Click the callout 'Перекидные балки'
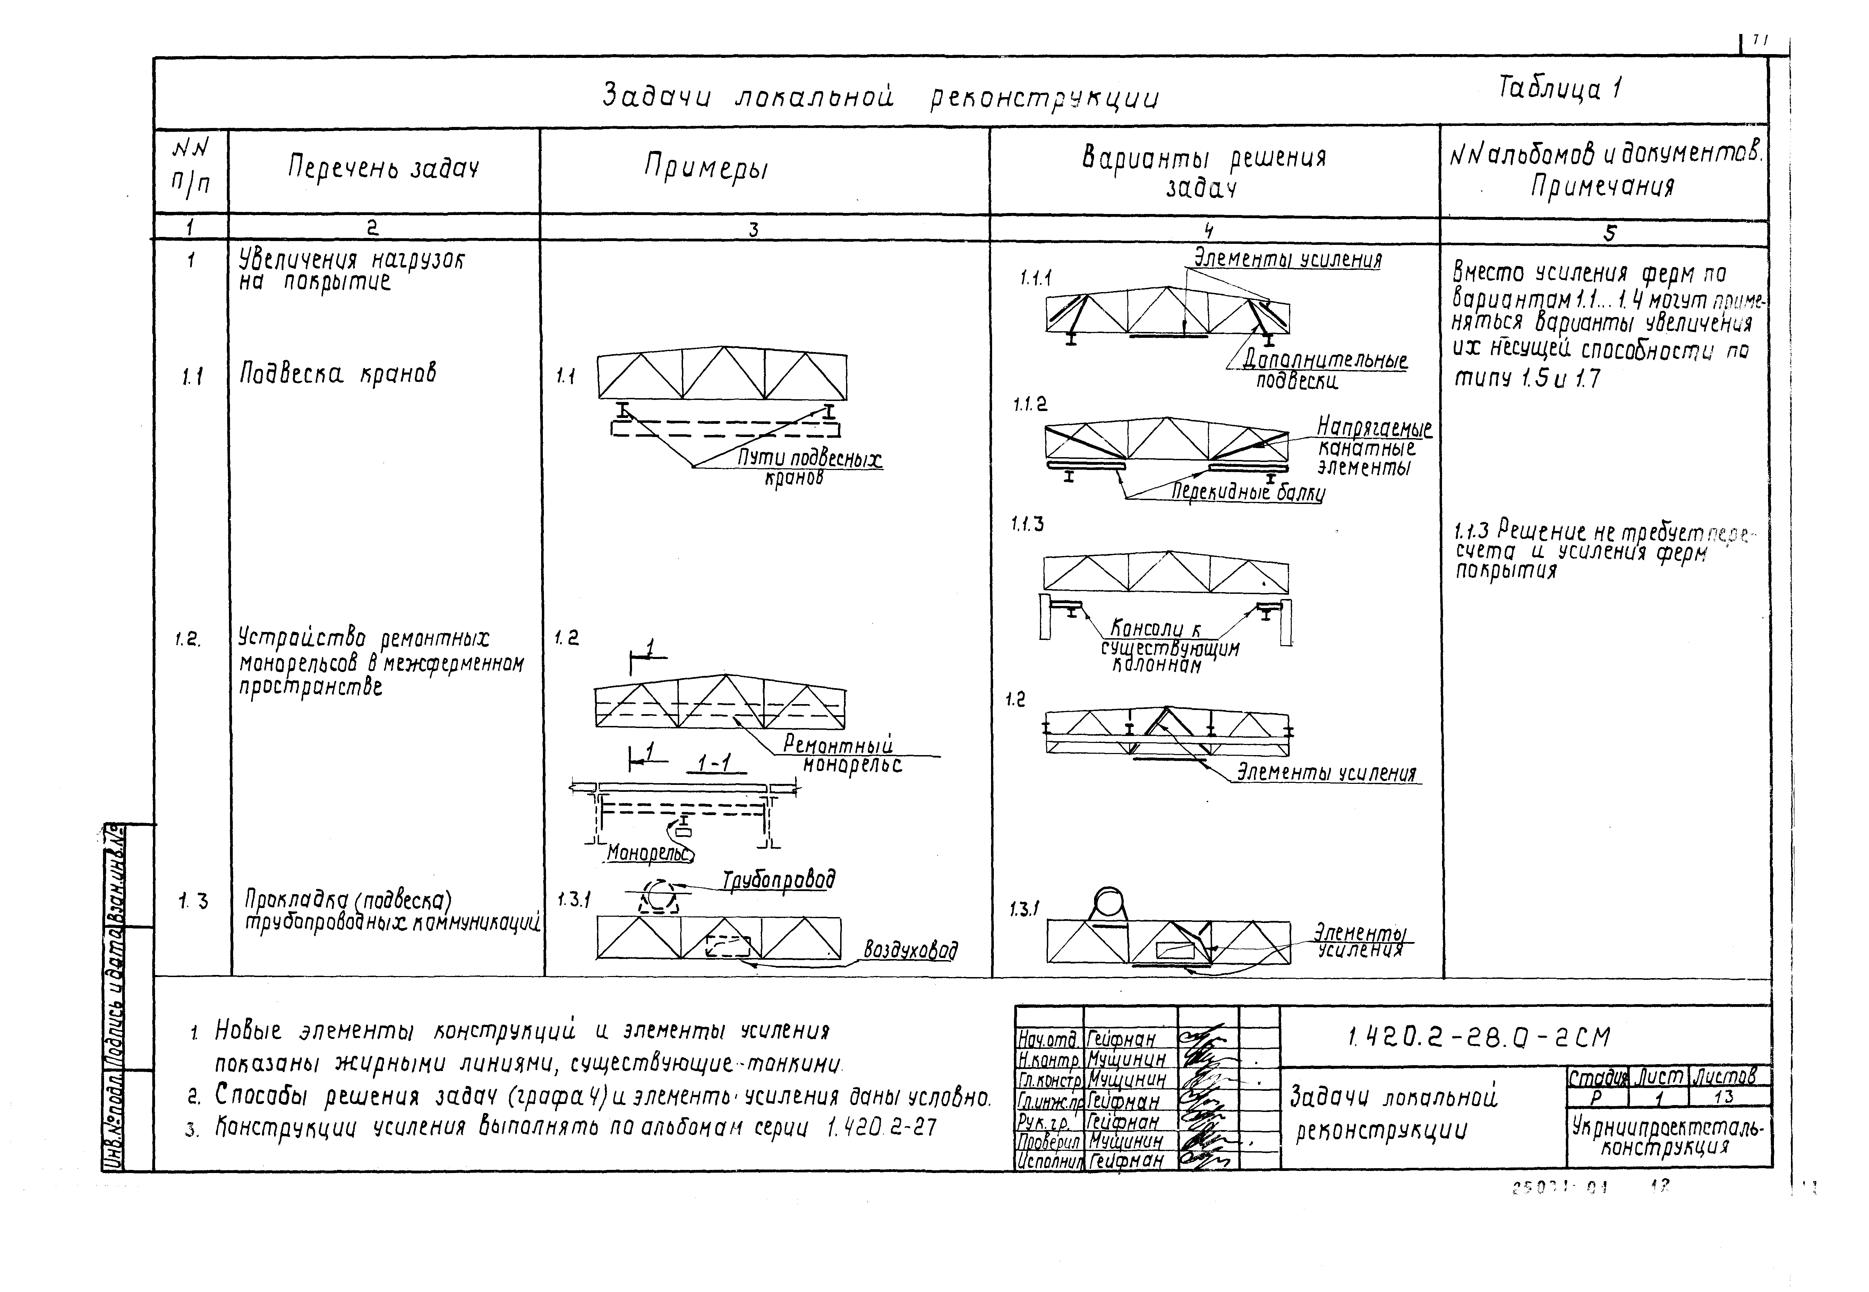click(x=1247, y=491)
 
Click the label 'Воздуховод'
click(x=910, y=950)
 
